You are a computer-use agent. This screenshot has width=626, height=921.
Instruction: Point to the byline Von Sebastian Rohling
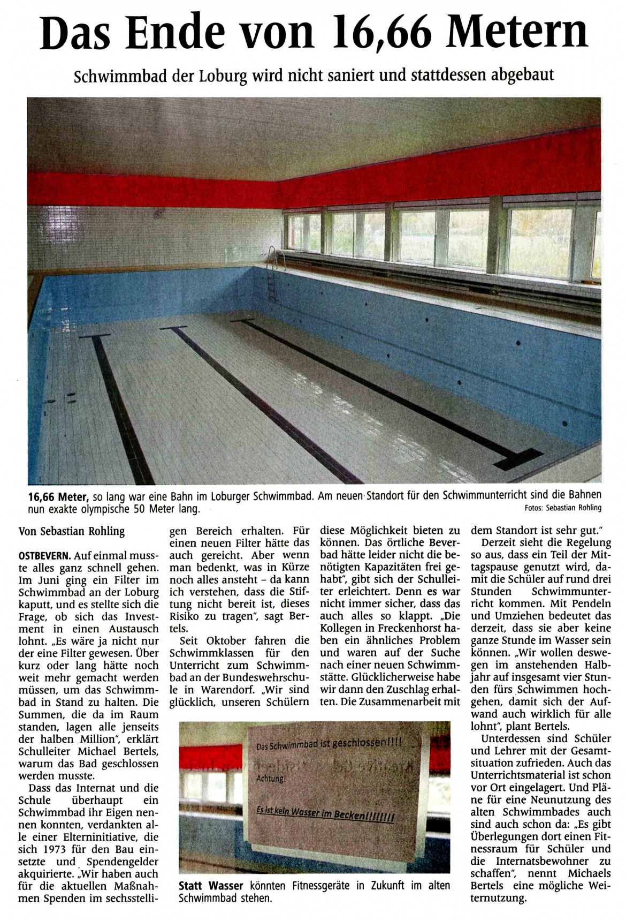point(71,531)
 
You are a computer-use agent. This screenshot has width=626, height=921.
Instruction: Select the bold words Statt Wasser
point(211,886)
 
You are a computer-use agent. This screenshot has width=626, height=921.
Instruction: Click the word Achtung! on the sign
point(270,779)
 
